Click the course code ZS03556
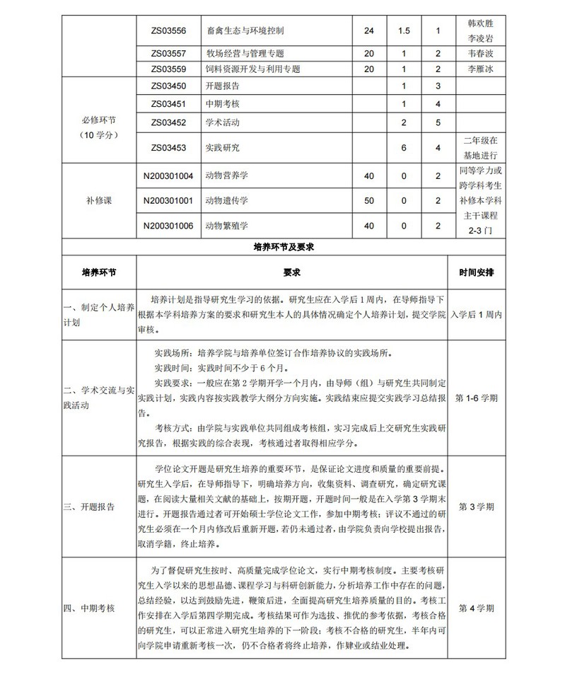pos(168,31)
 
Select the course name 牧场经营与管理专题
pos(245,53)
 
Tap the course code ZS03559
pos(168,69)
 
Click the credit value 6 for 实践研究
pos(404,148)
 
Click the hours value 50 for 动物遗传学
pos(368,201)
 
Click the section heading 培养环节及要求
pos(283,248)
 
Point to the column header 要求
pos(292,272)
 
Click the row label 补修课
pos(99,201)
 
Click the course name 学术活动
pos(222,122)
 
